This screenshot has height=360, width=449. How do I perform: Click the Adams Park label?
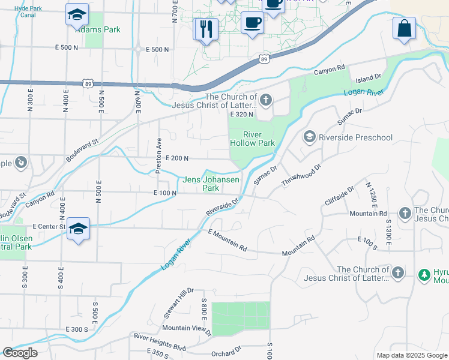pos(103,29)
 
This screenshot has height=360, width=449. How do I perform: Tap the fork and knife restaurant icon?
pos(205,28)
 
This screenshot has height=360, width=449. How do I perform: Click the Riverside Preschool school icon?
pos(310,137)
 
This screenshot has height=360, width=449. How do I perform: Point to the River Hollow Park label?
pos(252,139)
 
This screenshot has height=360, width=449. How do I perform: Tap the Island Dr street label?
pos(369,78)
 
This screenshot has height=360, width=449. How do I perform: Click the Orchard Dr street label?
pos(226,350)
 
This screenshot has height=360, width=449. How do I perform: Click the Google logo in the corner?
pos(20,353)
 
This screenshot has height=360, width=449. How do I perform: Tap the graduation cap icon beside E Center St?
pos(78,229)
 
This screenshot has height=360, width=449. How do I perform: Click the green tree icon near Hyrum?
pos(424,274)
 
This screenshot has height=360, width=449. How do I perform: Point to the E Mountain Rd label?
pos(228,240)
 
